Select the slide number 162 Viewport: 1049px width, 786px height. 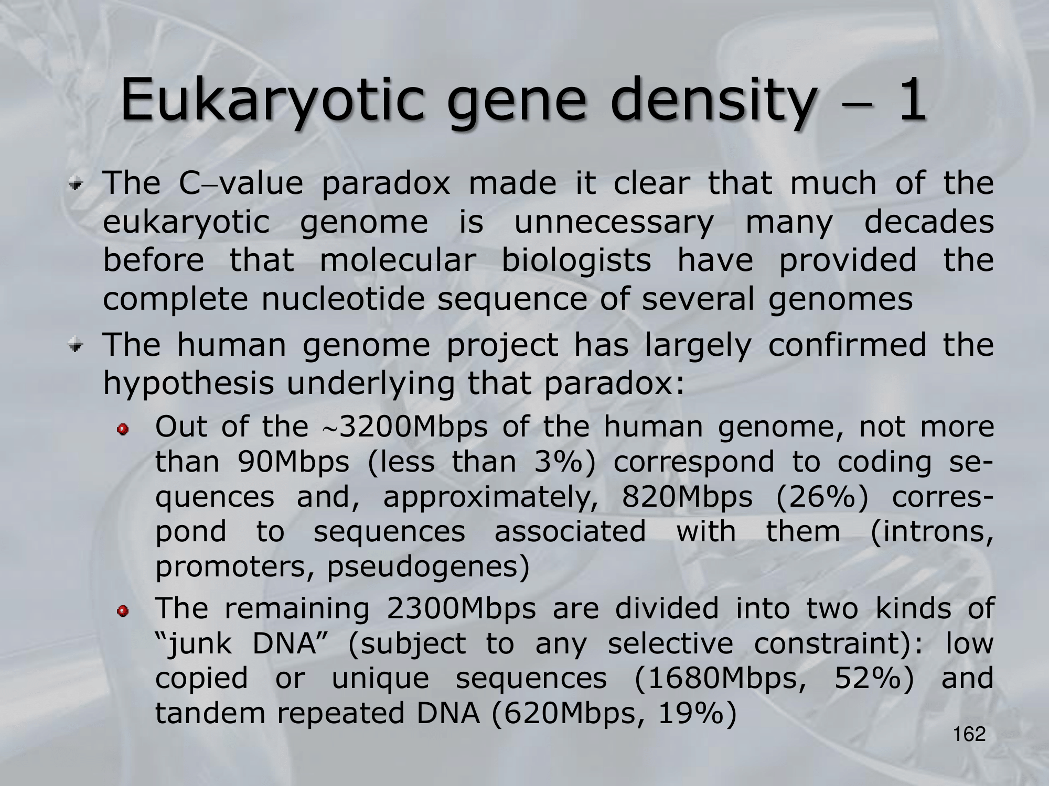point(969,735)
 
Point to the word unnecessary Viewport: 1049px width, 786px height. point(614,223)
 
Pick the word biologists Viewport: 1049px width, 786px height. point(576,261)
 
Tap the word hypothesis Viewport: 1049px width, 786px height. point(188,384)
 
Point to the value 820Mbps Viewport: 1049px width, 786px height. point(687,497)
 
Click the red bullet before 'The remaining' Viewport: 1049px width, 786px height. point(123,612)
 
